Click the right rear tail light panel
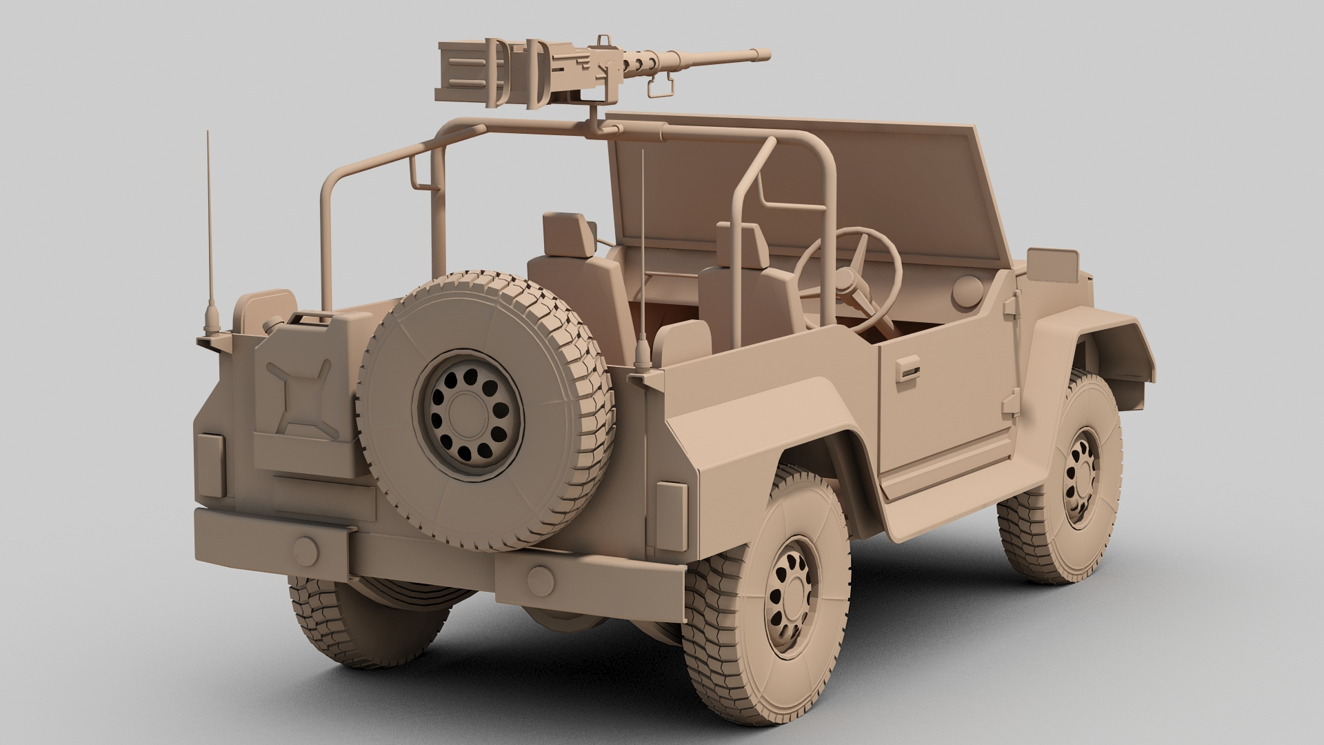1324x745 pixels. (x=671, y=516)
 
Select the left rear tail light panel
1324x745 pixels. (x=210, y=464)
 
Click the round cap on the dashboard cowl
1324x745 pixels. (x=967, y=291)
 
